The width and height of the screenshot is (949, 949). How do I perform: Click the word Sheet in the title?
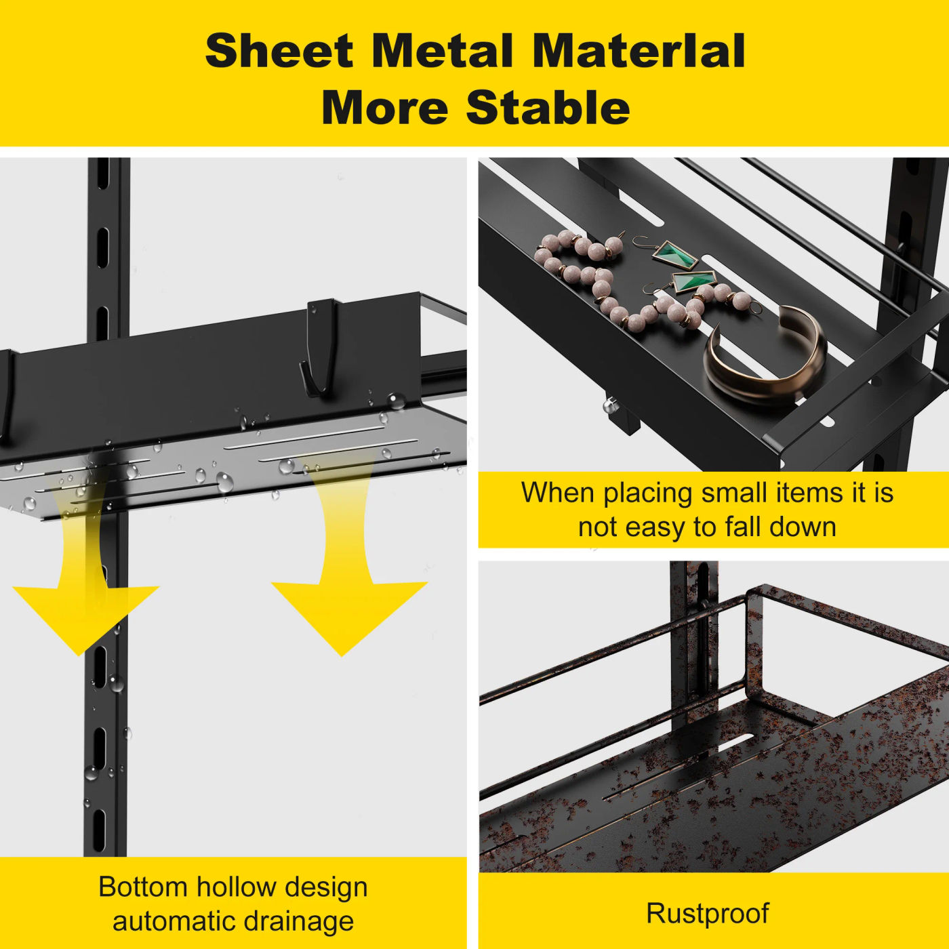pos(279,52)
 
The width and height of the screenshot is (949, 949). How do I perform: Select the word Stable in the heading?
pos(548,107)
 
